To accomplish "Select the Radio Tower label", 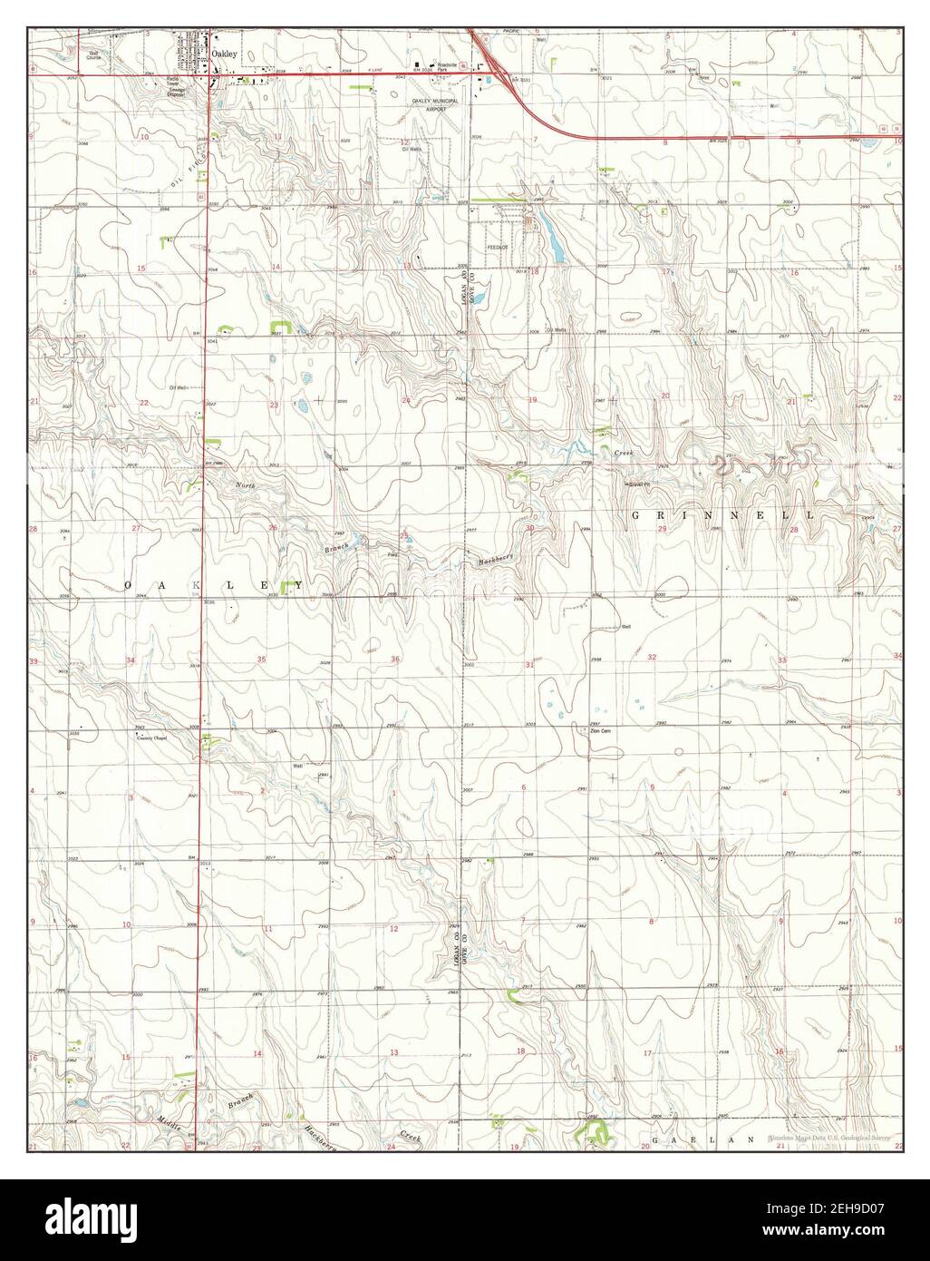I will tap(175, 85).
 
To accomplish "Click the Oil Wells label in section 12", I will tap(414, 151).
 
